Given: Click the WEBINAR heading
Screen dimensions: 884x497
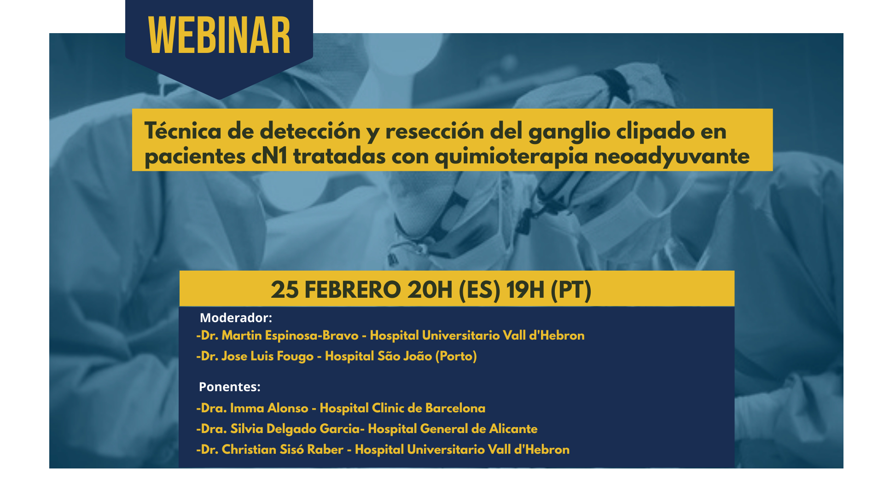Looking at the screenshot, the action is point(219,35).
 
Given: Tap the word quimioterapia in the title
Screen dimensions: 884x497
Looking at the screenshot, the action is point(512,157).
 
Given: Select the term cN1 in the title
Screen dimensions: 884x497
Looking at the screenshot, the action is point(269,156).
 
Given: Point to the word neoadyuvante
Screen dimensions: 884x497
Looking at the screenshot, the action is point(672,157).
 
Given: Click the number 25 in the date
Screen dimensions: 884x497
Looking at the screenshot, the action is point(285,290).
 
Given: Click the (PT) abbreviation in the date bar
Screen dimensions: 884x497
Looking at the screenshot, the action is point(571,290).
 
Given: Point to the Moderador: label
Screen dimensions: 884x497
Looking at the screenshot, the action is point(236,318).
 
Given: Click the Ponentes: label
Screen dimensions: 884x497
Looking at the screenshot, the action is point(229,387).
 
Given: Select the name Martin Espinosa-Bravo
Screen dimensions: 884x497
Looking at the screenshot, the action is point(290,335).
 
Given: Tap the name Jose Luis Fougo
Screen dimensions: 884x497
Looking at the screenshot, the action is point(268,356).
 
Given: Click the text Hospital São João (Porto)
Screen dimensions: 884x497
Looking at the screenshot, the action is point(401,356).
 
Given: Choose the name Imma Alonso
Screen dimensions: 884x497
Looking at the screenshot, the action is point(269,408).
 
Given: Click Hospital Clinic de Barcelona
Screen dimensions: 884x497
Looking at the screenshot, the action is point(402,408).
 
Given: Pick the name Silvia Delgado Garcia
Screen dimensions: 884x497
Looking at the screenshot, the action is point(295,429).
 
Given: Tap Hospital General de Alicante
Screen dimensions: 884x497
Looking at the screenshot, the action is point(453,429).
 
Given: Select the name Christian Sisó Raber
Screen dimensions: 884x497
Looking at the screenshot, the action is point(283,450).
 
